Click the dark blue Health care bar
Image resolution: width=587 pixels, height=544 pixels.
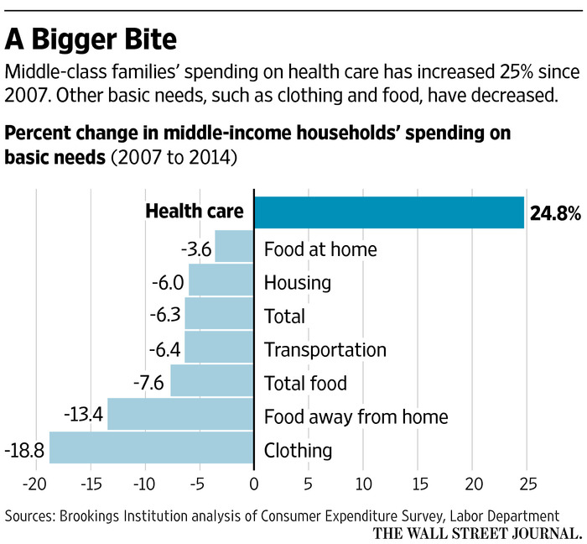pyautogui.click(x=388, y=212)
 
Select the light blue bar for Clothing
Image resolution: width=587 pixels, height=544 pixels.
pyautogui.click(x=151, y=447)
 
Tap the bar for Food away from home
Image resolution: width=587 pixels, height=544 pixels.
pyautogui.click(x=180, y=415)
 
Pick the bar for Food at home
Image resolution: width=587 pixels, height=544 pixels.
pyautogui.click(x=234, y=248)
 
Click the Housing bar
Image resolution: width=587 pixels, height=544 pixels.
pyautogui.click(x=221, y=280)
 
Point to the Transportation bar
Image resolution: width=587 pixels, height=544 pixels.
pyautogui.click(x=219, y=348)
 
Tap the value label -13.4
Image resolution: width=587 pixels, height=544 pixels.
pyautogui.click(x=84, y=416)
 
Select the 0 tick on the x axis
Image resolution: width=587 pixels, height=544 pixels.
pyautogui.click(x=253, y=484)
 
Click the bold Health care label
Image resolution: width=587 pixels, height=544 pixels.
pyautogui.click(x=195, y=212)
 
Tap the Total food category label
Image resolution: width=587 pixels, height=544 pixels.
pyautogui.click(x=305, y=384)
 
